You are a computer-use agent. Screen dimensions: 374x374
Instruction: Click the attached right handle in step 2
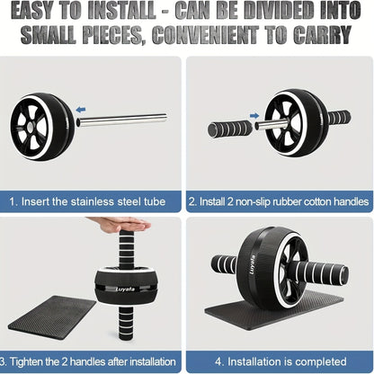(x=338, y=118)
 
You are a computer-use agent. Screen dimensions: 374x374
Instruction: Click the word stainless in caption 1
(x=96, y=203)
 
